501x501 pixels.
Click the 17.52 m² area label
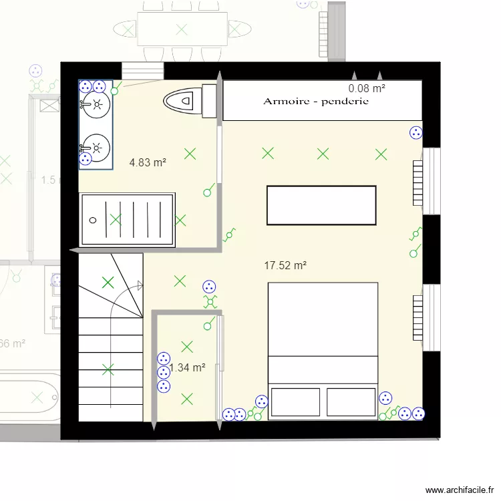[285, 265]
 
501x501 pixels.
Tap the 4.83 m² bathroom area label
[148, 162]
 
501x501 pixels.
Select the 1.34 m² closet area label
[188, 367]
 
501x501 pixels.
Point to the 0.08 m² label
[367, 88]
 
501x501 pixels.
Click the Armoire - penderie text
[316, 102]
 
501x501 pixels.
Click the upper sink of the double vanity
[97, 104]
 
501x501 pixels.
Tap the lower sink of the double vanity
[97, 145]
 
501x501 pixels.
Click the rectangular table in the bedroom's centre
[321, 205]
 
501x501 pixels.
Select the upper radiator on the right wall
[419, 182]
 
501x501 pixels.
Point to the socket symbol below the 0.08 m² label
[415, 133]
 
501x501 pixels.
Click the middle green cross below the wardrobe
[323, 154]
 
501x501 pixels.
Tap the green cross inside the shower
[116, 219]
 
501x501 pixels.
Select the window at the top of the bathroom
[142, 70]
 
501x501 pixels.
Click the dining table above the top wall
[181, 29]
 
